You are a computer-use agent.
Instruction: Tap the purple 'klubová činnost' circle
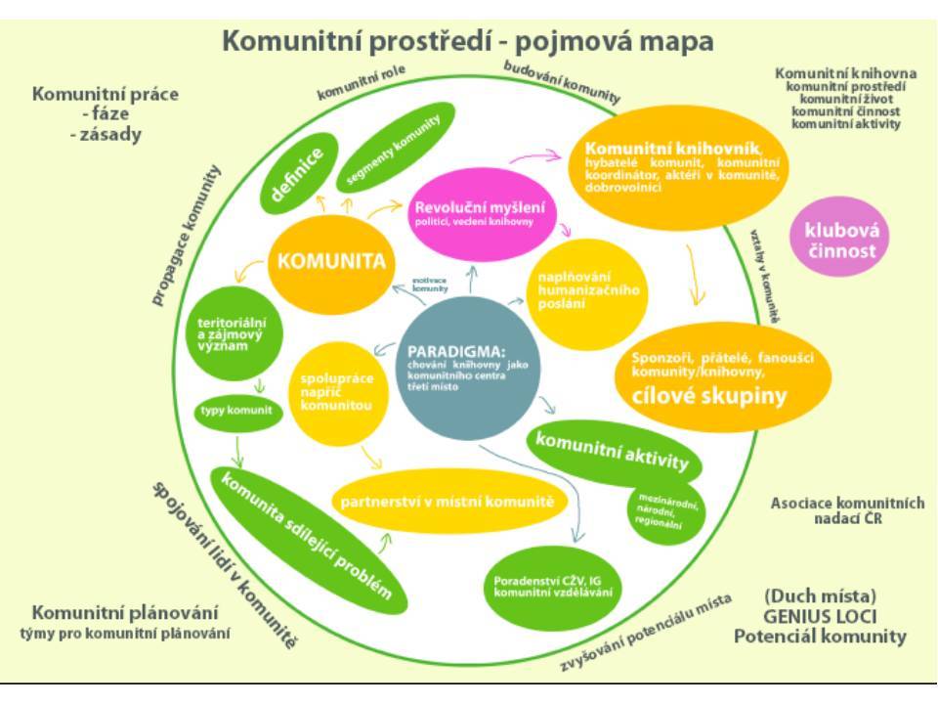840,240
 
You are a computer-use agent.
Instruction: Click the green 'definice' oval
297,173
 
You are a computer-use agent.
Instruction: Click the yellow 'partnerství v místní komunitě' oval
448,502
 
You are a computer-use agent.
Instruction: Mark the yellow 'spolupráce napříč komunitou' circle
334,388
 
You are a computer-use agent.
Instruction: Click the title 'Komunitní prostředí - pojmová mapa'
468,42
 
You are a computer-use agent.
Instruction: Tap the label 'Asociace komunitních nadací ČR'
847,510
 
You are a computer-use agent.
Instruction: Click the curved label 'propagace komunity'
186,235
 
